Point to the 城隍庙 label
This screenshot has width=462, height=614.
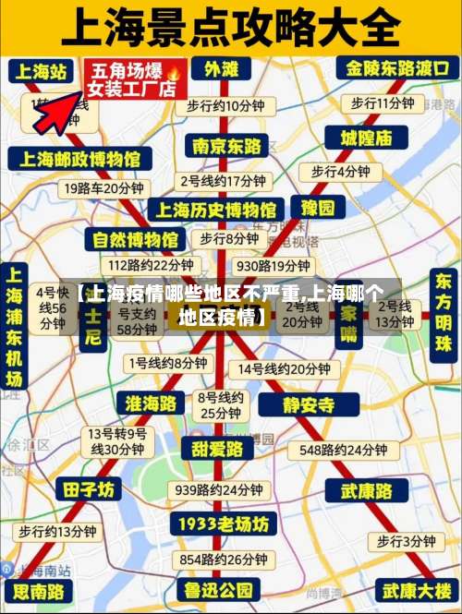click(x=359, y=138)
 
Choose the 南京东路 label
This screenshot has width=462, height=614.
click(x=226, y=146)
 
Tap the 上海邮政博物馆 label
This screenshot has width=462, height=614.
click(x=82, y=159)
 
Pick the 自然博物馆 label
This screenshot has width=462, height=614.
click(x=135, y=240)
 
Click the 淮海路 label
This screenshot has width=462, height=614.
click(x=150, y=403)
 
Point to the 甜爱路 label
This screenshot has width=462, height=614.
click(x=218, y=449)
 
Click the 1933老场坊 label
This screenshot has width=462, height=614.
click(x=224, y=524)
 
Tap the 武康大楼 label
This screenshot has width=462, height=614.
click(x=417, y=589)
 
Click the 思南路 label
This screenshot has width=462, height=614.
click(x=40, y=590)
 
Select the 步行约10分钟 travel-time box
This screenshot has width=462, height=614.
click(x=225, y=105)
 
